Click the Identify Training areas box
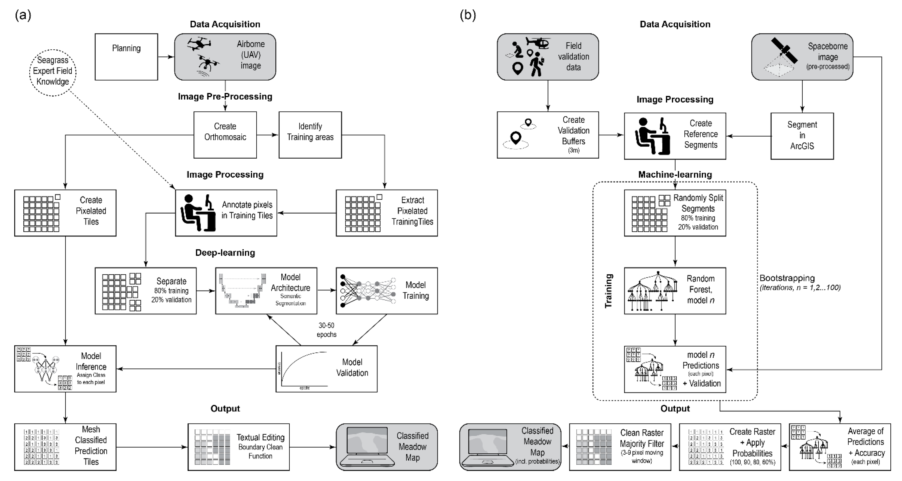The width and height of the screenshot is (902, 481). click(310, 135)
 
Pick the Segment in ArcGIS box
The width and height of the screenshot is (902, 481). click(802, 136)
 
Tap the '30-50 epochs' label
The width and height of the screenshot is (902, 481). click(326, 330)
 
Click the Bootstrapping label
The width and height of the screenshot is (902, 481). click(787, 278)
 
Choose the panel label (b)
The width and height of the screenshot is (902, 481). click(468, 15)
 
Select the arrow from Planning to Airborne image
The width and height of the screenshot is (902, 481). click(166, 57)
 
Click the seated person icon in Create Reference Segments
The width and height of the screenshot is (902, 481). click(652, 136)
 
